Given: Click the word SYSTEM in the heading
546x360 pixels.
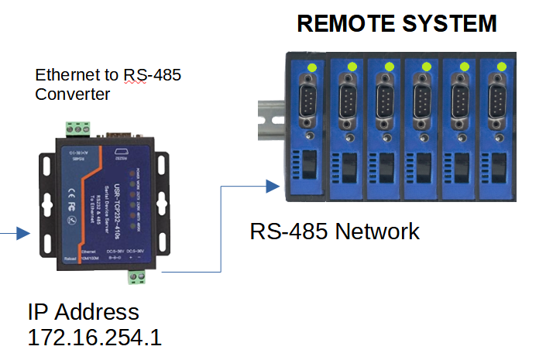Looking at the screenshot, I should click(445, 24).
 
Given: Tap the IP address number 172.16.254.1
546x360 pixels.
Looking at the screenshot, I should click(94, 338).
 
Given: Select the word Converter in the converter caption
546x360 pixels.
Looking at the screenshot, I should click(73, 94).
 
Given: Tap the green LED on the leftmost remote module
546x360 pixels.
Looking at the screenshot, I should click(312, 67).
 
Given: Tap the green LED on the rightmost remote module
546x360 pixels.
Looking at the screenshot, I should click(501, 67).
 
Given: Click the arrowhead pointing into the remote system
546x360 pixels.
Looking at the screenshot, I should click(272, 186).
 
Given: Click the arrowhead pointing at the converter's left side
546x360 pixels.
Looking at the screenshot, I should click(22, 233).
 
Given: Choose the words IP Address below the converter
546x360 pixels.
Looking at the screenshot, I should click(84, 312).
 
